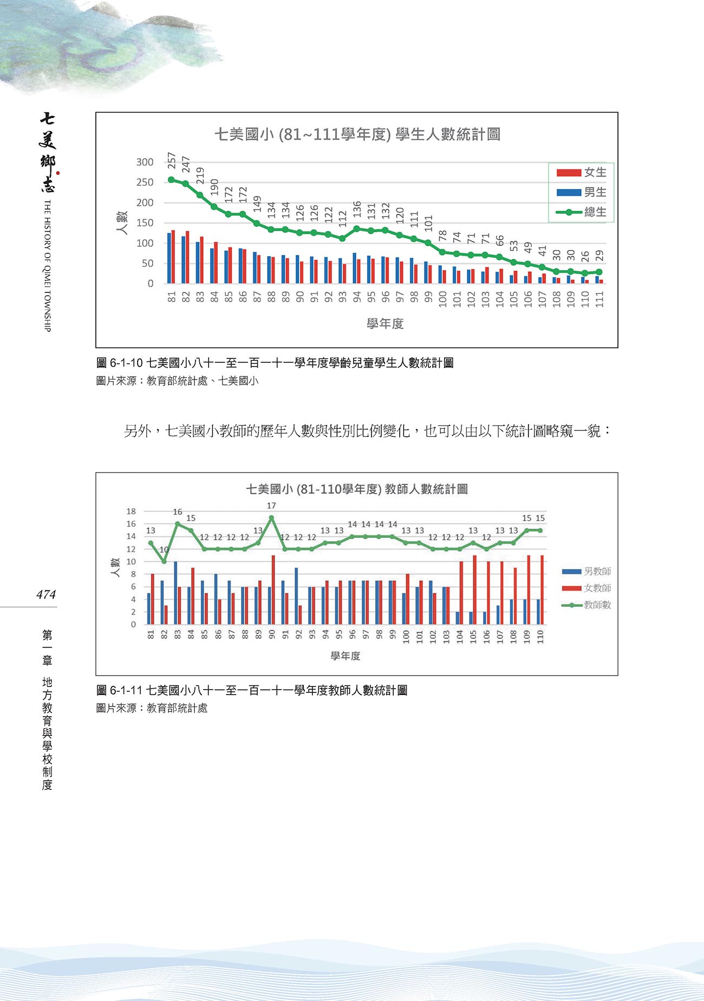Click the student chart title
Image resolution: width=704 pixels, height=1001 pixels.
click(357, 134)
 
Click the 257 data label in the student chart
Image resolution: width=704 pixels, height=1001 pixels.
click(172, 160)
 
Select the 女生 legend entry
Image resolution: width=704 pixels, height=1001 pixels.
click(582, 173)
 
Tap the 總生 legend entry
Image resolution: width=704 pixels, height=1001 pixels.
click(582, 212)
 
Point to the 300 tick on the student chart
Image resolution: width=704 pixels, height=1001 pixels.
click(145, 162)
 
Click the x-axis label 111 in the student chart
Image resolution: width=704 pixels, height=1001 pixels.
click(599, 299)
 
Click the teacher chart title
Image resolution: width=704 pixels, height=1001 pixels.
click(357, 489)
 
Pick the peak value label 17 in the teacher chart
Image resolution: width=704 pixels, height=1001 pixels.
click(271, 506)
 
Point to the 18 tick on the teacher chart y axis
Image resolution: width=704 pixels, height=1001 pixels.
click(131, 512)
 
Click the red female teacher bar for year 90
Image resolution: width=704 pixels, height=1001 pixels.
click(273, 590)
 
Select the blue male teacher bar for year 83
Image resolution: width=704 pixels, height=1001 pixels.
click(175, 593)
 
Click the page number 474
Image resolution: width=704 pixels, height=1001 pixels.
click(46, 594)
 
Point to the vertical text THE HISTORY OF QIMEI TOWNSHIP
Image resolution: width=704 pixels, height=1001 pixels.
click(47, 265)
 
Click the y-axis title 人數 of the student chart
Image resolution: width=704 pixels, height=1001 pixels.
click(122, 223)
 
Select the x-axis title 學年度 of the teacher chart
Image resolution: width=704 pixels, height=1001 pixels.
click(346, 656)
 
